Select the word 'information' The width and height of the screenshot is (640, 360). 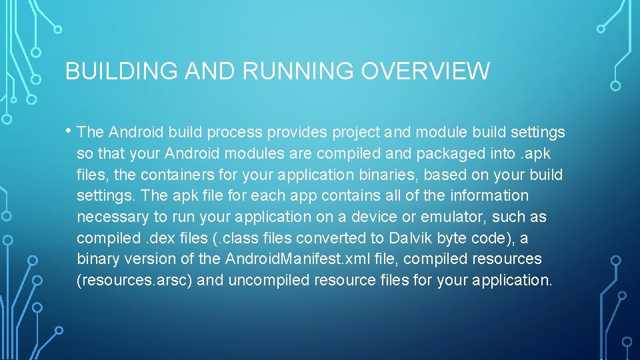tap(489, 196)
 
